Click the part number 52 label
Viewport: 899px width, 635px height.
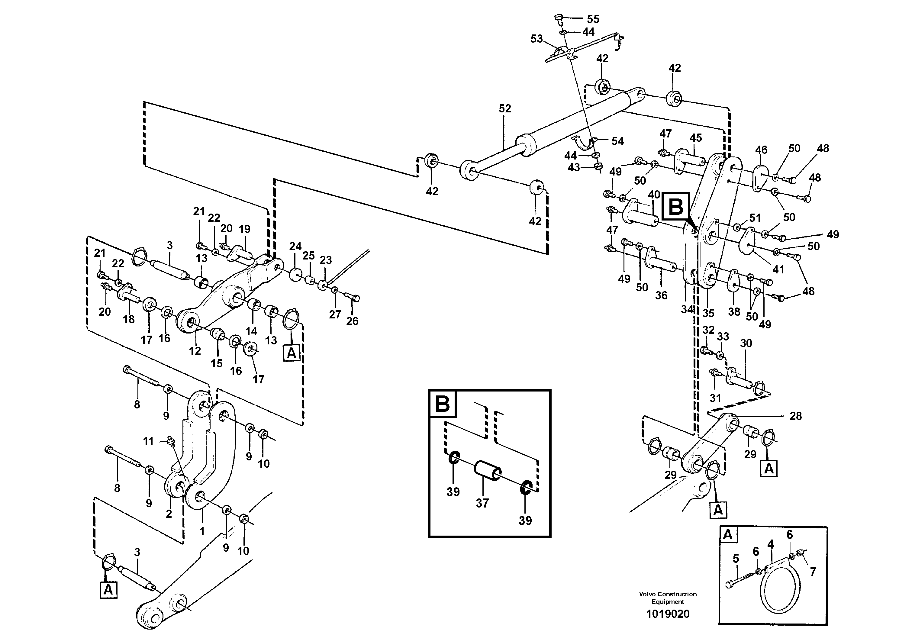505,109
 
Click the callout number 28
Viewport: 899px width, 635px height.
795,416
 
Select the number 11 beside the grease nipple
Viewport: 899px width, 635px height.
148,442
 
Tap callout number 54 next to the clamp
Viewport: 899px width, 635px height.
617,141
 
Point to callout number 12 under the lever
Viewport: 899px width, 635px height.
195,351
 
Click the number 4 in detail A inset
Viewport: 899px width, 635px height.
771,544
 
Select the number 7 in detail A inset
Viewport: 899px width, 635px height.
813,572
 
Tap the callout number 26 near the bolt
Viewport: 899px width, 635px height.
352,321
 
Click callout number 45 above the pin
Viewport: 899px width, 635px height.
696,138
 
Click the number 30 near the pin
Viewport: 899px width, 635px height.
746,343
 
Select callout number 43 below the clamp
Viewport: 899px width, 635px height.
574,168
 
